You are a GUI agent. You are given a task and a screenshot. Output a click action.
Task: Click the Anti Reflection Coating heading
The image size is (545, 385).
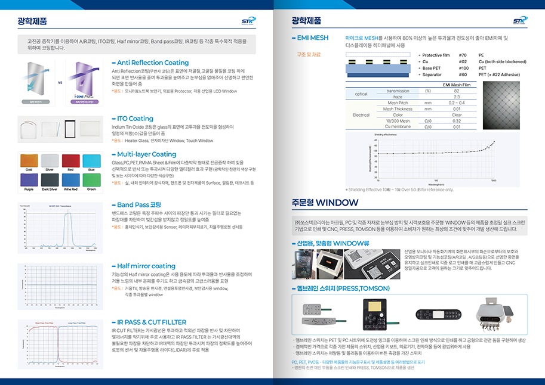click(152, 63)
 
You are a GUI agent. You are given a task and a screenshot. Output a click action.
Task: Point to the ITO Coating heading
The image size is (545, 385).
click(135, 119)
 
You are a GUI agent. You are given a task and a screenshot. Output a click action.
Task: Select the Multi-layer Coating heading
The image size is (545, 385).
click(146, 154)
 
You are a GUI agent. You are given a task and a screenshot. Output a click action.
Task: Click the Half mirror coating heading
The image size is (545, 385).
click(146, 266)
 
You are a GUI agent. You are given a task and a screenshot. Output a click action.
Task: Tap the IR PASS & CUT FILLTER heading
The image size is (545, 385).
click(152, 322)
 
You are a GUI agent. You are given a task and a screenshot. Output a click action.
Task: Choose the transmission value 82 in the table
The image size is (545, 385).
click(457, 91)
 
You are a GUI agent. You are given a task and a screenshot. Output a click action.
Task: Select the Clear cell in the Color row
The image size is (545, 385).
click(457, 114)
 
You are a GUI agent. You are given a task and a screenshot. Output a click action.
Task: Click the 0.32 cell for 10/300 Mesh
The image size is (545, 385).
click(457, 120)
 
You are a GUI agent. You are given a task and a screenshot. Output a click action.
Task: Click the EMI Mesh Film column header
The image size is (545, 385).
click(457, 85)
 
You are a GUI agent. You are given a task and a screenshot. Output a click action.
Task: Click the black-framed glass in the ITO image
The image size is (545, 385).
click(70, 129)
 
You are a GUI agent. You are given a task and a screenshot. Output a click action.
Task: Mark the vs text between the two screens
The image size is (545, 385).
click(60, 83)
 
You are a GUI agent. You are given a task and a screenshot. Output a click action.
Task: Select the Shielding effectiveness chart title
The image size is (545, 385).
click(386, 135)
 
